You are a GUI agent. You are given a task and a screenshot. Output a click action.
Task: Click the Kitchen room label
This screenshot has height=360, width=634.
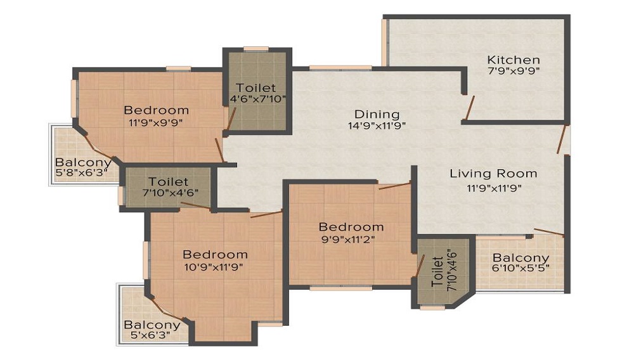point(514,60)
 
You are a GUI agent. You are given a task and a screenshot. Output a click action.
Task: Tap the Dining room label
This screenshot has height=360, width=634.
point(377,114)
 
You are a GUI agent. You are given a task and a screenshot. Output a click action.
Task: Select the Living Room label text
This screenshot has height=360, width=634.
point(494,174)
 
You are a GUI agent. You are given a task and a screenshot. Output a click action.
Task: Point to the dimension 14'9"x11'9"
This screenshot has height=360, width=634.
point(377,125)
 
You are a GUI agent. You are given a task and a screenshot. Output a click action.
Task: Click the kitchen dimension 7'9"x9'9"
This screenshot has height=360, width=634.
point(514,71)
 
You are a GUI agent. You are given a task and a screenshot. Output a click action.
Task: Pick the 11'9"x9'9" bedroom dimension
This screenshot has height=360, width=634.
point(156,122)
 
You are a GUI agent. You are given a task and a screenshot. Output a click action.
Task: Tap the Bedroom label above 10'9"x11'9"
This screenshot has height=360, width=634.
point(215,255)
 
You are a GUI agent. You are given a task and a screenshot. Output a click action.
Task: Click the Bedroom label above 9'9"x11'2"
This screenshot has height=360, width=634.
point(351,227)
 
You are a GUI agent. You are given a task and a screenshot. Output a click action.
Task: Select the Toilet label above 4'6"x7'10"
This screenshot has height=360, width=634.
point(256,87)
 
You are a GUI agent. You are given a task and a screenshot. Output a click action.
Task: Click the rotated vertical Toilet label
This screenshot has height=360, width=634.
point(437,271)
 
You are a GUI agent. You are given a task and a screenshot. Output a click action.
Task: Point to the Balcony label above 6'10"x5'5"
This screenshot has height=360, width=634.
point(521,257)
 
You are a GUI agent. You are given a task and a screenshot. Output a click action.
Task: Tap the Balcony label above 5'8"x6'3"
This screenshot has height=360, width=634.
point(83,162)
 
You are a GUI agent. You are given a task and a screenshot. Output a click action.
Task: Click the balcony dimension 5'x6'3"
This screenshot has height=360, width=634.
point(150,335)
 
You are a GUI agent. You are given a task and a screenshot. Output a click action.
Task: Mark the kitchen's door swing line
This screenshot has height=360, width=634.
point(469,108)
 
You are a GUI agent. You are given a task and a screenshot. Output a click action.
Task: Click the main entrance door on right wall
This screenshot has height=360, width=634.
point(561,139)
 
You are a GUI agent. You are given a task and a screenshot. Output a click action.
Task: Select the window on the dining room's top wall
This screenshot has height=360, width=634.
point(340,68)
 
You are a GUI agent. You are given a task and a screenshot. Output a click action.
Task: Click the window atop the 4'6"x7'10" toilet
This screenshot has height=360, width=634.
point(256,49)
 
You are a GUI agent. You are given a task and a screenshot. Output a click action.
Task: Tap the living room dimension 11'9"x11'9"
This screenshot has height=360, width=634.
point(494,188)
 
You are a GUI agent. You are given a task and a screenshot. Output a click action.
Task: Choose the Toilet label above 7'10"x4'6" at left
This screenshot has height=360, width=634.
point(168,182)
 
